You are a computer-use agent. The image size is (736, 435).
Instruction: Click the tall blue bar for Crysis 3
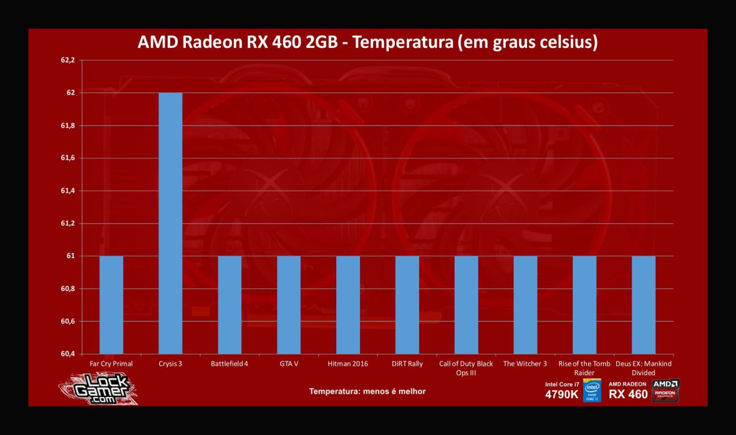[x=170, y=223]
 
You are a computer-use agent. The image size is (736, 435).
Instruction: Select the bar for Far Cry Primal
[x=111, y=305]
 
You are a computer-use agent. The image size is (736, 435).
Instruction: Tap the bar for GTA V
[x=288, y=305]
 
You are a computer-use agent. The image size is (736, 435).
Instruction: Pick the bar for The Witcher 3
[x=525, y=305]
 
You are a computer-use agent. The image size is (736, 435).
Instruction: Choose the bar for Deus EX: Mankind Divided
[x=643, y=305]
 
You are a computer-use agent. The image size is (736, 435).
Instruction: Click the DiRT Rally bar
[x=407, y=305]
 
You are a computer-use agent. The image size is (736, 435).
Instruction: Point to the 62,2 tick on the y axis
[x=67, y=60]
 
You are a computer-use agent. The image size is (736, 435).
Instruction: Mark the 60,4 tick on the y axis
[x=67, y=354]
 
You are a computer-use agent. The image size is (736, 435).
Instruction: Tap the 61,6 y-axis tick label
[x=67, y=158]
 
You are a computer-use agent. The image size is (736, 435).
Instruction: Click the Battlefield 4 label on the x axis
[x=230, y=364]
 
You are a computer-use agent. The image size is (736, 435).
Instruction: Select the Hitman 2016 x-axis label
[x=347, y=364]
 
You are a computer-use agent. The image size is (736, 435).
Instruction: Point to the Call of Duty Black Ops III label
[x=466, y=368]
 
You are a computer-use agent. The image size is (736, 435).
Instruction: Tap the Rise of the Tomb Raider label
[x=584, y=368]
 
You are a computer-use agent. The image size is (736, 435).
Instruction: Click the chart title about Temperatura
[x=367, y=43]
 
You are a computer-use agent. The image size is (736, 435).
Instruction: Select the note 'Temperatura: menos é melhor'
[x=367, y=391]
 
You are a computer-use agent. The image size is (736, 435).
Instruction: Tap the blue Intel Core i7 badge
[x=591, y=391]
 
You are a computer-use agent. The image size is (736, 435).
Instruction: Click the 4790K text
[x=561, y=394]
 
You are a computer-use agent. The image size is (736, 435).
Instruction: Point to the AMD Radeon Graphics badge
[x=666, y=390]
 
